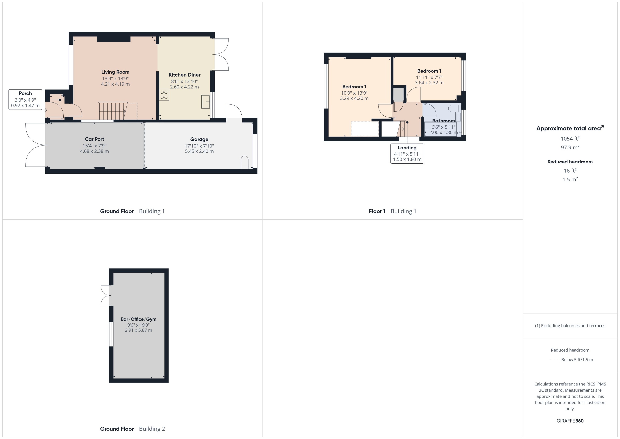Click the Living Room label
(x=115, y=72)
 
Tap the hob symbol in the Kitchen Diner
(x=164, y=95)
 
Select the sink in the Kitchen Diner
(x=206, y=102)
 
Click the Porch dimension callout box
(x=25, y=99)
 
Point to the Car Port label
(x=94, y=139)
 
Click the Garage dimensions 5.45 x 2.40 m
(x=199, y=151)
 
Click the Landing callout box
(x=407, y=153)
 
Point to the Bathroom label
(x=443, y=121)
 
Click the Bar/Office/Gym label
(x=138, y=319)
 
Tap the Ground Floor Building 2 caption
(x=132, y=429)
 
